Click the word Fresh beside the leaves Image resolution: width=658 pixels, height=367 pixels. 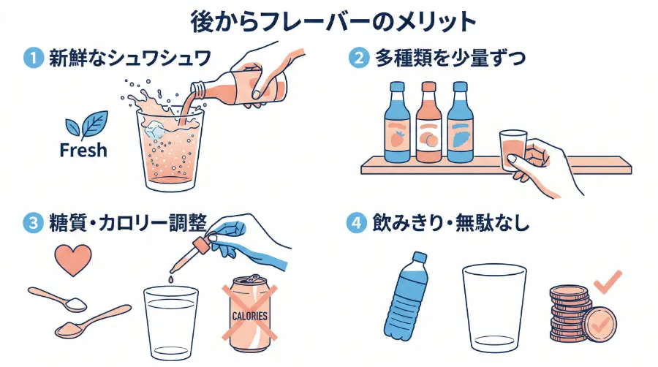(x=83, y=151)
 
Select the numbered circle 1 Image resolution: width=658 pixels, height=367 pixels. (x=34, y=58)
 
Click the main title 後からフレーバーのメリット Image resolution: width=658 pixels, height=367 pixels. (x=329, y=21)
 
